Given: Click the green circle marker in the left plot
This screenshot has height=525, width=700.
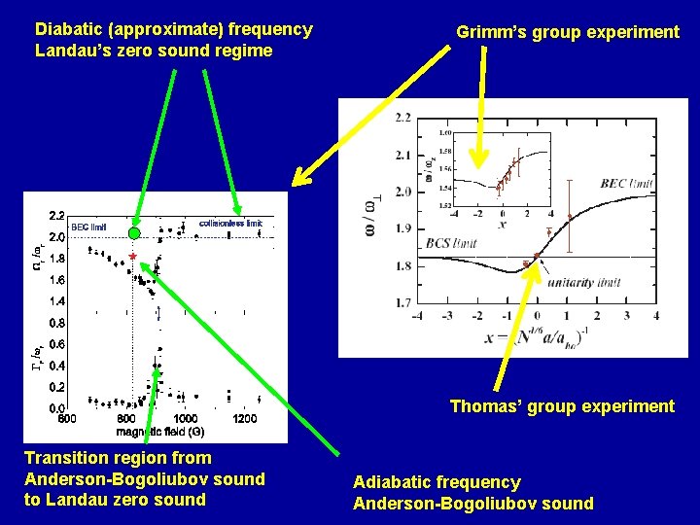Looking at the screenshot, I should (134, 233).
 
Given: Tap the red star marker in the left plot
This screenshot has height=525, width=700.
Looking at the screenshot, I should (132, 257).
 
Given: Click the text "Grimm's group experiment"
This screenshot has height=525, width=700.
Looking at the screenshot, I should (568, 32).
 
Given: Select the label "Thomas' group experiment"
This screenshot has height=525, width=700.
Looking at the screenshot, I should (562, 406).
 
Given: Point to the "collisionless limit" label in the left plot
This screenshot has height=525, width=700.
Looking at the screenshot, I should (230, 223).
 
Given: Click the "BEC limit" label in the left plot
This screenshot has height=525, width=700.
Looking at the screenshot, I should (88, 227).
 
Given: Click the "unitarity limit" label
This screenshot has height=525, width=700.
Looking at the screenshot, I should (583, 282).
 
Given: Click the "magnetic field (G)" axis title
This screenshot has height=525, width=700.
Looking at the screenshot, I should (160, 431).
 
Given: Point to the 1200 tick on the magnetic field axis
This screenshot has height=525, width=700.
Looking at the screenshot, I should (244, 419).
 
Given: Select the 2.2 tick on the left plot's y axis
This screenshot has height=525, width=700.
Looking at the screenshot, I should (55, 215).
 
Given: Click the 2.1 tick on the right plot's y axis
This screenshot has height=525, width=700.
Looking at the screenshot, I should (402, 156).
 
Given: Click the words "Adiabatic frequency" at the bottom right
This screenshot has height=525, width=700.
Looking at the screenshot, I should (437, 482).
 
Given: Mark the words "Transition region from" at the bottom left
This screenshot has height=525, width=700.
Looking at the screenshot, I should (118, 457).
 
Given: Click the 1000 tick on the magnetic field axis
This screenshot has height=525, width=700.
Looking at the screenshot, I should (185, 419).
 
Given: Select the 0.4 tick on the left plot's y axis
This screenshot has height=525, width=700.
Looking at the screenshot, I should (55, 366).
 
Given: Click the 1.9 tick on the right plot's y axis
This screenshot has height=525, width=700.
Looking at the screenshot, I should (402, 229).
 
